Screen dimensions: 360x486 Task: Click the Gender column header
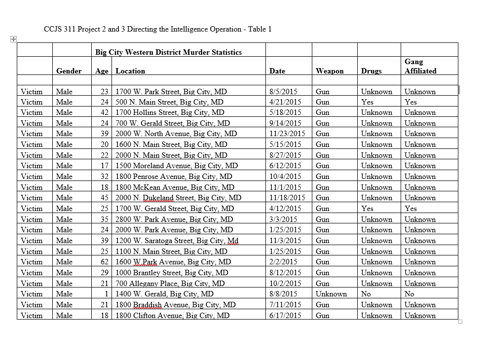pyautogui.click(x=69, y=71)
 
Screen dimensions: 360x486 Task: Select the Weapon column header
pyautogui.click(x=330, y=71)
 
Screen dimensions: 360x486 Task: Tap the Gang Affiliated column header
pyautogui.click(x=420, y=66)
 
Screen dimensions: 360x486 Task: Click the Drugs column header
pyautogui.click(x=371, y=71)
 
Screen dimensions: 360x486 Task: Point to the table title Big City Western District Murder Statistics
pyautogui.click(x=168, y=52)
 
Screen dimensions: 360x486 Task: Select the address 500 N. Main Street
pyautogui.click(x=169, y=102)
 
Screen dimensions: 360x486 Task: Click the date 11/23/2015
pyautogui.click(x=287, y=134)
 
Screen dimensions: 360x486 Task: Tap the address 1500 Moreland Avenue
pyautogui.click(x=177, y=166)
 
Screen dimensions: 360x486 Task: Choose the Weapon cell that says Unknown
pyautogui.click(x=331, y=294)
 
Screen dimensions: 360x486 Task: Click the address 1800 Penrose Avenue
pyautogui.click(x=174, y=177)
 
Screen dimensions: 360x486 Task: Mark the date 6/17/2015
pyautogui.click(x=285, y=316)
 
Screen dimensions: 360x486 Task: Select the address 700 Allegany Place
pyautogui.click(x=170, y=284)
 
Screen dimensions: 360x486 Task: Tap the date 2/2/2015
pyautogui.click(x=283, y=262)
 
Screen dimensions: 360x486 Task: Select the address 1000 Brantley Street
pyautogui.click(x=172, y=273)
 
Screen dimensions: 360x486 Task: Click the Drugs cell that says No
pyautogui.click(x=366, y=294)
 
